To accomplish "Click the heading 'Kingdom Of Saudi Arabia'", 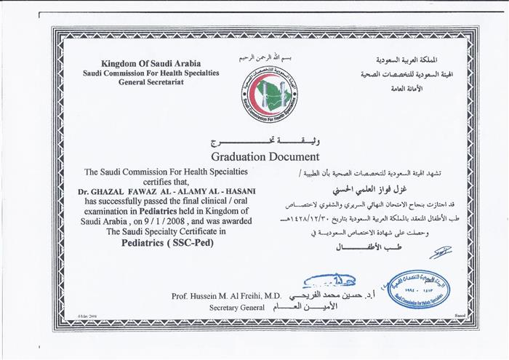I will [151, 64].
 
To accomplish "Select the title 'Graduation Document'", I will [265, 156].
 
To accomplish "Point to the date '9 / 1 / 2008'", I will [168, 222].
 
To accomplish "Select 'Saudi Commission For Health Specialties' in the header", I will [151, 73].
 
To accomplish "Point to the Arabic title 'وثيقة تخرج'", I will [265, 140].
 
